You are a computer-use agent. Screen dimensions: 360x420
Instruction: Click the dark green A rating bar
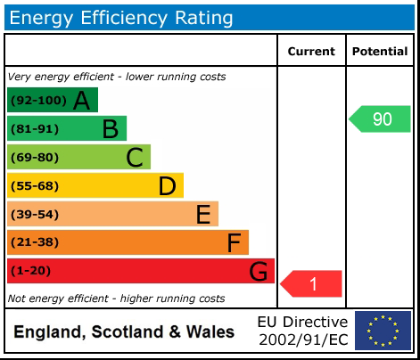52,100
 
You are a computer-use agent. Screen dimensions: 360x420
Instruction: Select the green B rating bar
67,128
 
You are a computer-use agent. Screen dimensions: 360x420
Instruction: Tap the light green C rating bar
78,157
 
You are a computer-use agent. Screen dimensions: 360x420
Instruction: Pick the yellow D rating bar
95,185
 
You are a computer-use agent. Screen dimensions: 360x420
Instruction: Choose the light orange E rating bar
112,214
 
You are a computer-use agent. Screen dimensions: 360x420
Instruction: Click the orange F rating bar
128,242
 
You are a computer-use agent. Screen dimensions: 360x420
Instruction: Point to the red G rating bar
140,271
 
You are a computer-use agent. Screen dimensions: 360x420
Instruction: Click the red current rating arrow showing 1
312,283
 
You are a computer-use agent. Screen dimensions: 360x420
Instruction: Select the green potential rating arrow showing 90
381,119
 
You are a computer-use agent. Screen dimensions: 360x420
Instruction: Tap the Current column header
311,52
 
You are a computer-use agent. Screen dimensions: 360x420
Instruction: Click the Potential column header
380,52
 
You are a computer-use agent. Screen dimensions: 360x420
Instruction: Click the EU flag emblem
383,331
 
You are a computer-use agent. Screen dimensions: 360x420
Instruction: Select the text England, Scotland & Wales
124,332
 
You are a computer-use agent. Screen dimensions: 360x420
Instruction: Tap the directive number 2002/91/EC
302,340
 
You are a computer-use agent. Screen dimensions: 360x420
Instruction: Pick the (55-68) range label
34,185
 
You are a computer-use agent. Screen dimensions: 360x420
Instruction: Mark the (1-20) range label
31,271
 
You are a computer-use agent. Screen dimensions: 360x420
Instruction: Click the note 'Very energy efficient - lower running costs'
116,77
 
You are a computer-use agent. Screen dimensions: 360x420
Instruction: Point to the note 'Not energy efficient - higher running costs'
116,299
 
